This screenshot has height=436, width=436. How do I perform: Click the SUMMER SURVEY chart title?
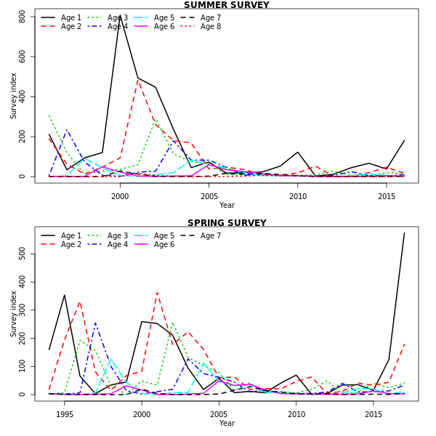[227, 5]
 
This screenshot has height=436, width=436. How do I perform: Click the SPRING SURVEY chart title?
[227, 223]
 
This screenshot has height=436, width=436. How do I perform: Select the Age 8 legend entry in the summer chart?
[211, 27]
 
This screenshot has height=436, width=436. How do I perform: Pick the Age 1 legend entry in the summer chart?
[71, 17]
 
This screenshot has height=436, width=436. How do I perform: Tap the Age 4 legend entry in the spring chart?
[118, 245]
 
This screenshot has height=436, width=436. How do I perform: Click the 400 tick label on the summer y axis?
[23, 96]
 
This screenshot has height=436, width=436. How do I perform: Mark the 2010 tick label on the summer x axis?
[298, 196]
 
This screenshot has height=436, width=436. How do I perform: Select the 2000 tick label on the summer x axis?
[120, 196]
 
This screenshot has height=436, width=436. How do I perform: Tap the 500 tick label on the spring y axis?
[23, 253]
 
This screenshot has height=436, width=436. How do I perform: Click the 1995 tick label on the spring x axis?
[65, 414]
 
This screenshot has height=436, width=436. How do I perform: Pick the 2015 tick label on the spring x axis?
[374, 414]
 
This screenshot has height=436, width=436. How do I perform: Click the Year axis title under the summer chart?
[227, 206]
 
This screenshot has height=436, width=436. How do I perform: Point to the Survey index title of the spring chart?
[13, 314]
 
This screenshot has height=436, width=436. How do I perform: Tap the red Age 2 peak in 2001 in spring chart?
[157, 292]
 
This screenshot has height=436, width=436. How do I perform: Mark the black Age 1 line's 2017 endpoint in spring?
[405, 233]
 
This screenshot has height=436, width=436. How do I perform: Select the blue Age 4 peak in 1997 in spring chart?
[95, 323]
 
